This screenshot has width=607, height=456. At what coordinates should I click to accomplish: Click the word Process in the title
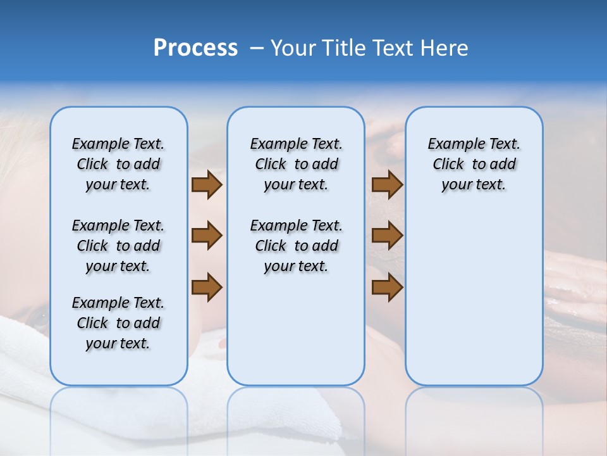pyautogui.click(x=195, y=48)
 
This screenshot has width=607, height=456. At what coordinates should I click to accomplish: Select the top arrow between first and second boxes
pyautogui.click(x=207, y=185)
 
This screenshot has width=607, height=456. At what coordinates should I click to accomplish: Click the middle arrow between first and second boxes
pyautogui.click(x=207, y=236)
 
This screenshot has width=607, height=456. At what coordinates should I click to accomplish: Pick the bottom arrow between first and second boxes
pyautogui.click(x=207, y=287)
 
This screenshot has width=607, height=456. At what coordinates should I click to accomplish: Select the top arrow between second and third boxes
pyautogui.click(x=387, y=185)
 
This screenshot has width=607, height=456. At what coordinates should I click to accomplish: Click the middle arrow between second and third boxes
pyautogui.click(x=387, y=236)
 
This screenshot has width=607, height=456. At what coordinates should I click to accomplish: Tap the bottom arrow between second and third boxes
pyautogui.click(x=387, y=287)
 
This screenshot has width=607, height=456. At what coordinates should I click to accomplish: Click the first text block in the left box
pyautogui.click(x=118, y=164)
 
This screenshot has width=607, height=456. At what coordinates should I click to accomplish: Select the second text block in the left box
pyautogui.click(x=118, y=246)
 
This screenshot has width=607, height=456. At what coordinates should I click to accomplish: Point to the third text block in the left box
pyautogui.click(x=118, y=323)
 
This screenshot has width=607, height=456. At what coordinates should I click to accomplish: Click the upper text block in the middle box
pyautogui.click(x=296, y=164)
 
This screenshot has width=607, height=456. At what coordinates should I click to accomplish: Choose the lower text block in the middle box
pyautogui.click(x=296, y=246)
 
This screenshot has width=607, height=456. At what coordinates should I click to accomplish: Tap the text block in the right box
pyautogui.click(x=474, y=164)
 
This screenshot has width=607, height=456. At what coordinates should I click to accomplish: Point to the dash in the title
pyautogui.click(x=257, y=48)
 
